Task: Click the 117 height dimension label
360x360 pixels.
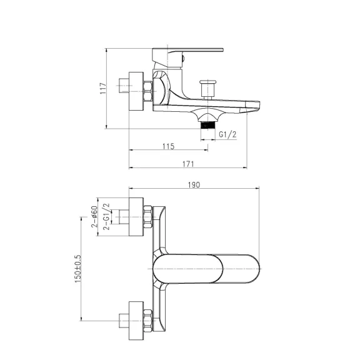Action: (103, 88)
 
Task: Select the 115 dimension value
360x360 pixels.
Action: (169, 146)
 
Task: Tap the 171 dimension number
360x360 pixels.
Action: (188, 164)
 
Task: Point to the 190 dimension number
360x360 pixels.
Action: (194, 185)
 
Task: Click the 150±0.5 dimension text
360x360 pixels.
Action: (78, 269)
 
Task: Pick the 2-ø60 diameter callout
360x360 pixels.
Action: (94, 216)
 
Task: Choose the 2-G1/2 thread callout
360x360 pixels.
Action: (106, 216)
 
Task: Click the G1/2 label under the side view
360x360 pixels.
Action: (227, 134)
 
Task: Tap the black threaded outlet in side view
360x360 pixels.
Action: (207, 126)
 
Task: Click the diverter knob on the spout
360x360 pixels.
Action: (207, 89)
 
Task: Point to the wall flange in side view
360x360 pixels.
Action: (136, 91)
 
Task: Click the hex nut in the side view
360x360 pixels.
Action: (148, 91)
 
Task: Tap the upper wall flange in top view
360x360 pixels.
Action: (136, 217)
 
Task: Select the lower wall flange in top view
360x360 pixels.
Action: (136, 321)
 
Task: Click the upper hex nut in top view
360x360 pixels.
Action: (148, 217)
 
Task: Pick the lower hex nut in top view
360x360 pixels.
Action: (148, 321)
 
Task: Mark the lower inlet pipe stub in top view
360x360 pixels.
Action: (124, 321)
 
